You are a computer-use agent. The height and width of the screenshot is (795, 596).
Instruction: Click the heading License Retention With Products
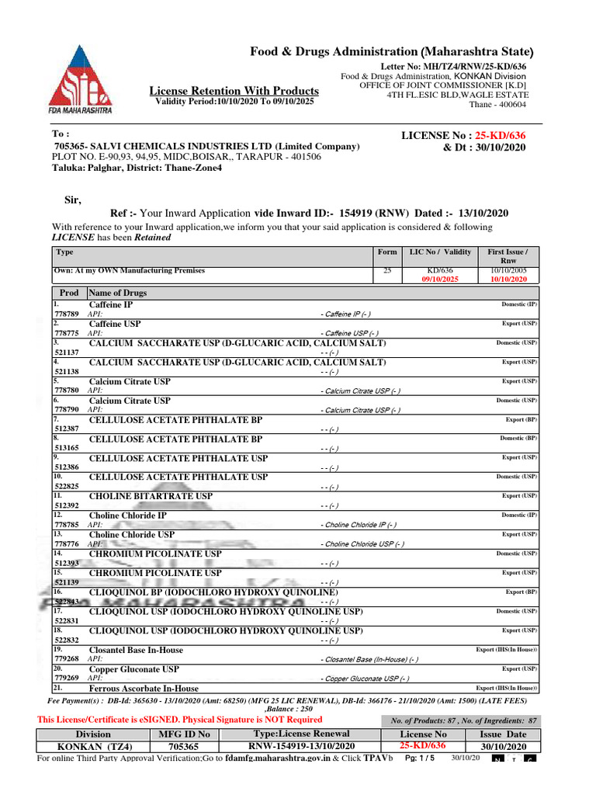click(234, 91)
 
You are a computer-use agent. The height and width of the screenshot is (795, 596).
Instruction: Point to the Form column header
click(386, 252)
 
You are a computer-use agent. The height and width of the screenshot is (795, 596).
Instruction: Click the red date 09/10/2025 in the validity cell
click(440, 279)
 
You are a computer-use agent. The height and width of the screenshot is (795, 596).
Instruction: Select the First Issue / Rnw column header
click(507, 256)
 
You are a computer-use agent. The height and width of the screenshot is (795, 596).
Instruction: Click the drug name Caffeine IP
click(111, 305)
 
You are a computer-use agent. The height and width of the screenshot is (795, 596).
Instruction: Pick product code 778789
click(68, 314)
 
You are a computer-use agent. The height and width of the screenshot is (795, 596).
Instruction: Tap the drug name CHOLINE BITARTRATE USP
click(151, 496)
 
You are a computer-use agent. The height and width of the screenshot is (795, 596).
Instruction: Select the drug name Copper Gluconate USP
click(133, 668)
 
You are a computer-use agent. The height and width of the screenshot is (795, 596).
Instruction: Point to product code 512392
click(68, 505)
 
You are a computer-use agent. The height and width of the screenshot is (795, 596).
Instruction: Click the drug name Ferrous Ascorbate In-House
click(144, 688)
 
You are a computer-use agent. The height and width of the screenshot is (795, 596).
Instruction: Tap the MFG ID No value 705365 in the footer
click(183, 746)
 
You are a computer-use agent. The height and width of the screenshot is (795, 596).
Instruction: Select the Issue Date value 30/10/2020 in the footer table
click(503, 746)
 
